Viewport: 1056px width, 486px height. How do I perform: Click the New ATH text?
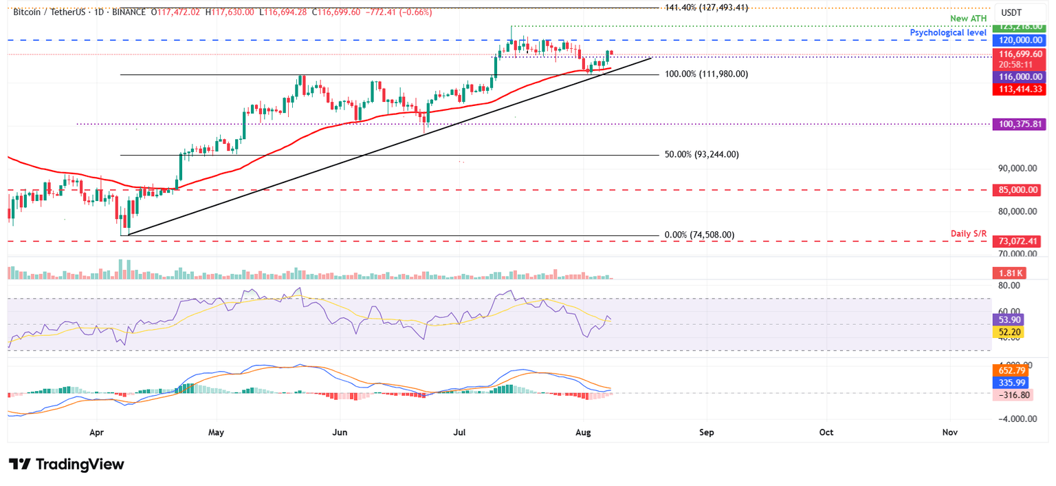pos(969,19)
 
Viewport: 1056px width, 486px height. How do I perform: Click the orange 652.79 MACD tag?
pos(1009,370)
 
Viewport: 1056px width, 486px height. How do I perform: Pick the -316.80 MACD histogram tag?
pos(1011,395)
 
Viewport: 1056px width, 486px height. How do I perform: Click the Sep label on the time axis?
pos(707,432)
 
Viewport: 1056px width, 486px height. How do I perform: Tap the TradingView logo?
pos(67,465)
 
